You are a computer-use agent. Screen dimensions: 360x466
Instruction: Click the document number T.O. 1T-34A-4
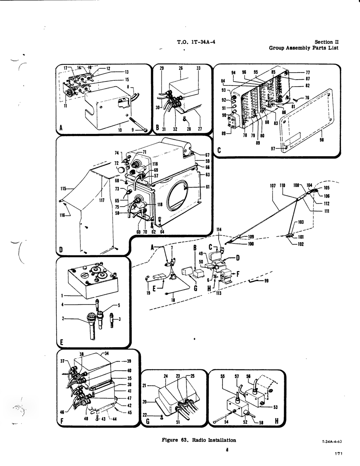point(196,42)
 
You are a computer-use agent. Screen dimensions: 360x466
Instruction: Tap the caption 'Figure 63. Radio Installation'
point(199,440)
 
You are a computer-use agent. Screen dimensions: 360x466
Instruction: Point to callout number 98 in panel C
point(322,140)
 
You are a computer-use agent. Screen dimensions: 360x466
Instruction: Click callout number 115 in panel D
point(63,189)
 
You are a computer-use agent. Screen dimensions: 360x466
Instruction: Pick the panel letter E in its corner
point(61,343)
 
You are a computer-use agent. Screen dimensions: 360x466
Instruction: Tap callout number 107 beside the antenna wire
point(273,186)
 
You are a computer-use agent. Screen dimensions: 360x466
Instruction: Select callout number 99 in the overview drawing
point(266,281)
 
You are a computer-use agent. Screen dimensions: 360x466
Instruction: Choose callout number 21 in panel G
point(144,385)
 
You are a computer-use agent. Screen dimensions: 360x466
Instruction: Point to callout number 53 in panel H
point(275,407)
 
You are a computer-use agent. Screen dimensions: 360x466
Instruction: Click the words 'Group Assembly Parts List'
point(304,48)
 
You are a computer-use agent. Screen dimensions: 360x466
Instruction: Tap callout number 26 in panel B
point(181,68)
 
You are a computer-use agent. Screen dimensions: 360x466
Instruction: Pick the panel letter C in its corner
point(219,150)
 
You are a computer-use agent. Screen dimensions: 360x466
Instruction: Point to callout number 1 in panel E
point(62,296)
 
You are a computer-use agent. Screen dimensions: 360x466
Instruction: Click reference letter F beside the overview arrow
point(238,274)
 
